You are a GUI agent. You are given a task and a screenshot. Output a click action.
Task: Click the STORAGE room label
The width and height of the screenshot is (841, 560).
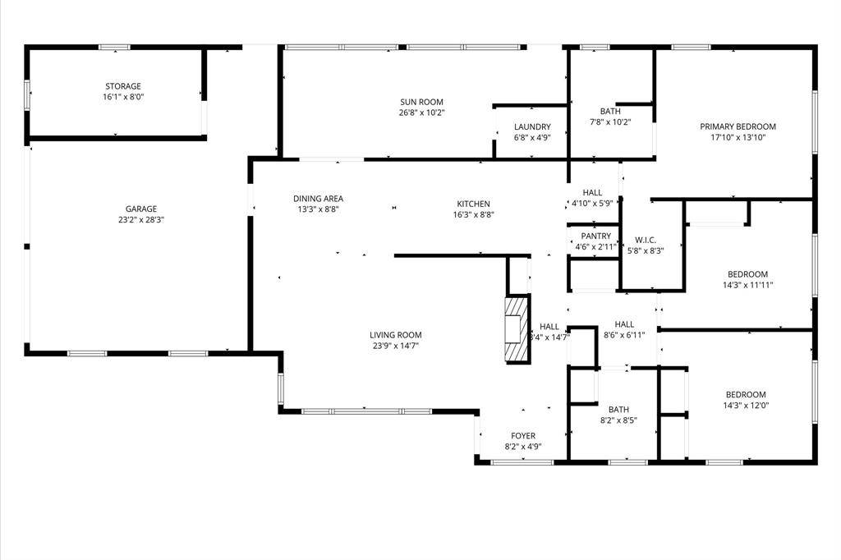(123, 86)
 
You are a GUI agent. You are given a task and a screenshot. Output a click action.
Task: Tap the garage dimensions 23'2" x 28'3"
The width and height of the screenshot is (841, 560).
(141, 220)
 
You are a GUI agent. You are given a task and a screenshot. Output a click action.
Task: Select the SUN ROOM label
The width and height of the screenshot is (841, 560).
(421, 102)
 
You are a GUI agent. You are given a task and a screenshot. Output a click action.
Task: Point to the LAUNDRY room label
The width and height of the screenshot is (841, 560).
(532, 127)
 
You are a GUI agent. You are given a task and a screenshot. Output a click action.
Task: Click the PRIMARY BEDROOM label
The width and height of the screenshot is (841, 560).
(738, 126)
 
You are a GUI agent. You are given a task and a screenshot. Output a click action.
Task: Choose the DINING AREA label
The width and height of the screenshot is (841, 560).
(318, 199)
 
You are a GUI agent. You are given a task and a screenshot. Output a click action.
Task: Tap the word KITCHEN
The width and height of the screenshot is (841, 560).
(473, 204)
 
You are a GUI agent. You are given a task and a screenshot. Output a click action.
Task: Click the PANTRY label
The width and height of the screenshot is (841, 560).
(596, 236)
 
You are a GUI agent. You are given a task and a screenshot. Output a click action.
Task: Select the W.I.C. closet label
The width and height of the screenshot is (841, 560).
(646, 240)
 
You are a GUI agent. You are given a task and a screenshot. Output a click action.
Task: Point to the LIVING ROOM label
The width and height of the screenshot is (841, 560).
(395, 335)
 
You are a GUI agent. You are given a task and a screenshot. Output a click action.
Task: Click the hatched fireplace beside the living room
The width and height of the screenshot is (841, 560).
(517, 328)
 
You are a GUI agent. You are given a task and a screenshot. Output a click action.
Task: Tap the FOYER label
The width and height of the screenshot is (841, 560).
(523, 436)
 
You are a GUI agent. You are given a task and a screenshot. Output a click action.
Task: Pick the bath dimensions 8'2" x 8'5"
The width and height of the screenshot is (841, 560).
(618, 420)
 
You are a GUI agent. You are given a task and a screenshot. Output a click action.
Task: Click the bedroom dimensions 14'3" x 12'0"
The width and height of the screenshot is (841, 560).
(746, 406)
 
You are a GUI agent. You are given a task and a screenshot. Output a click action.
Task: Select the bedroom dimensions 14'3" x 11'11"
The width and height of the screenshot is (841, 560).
(747, 286)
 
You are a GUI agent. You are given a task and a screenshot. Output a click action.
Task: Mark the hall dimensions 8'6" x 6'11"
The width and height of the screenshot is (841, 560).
(624, 335)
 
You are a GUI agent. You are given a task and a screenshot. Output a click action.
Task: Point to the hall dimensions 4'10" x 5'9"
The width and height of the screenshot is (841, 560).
(592, 204)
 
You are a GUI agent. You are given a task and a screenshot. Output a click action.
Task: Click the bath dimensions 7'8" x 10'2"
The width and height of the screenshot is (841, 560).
(610, 122)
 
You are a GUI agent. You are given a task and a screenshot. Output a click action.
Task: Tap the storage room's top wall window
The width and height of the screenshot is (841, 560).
(114, 47)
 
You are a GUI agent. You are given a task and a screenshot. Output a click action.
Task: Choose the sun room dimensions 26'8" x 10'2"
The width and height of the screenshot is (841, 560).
(421, 112)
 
